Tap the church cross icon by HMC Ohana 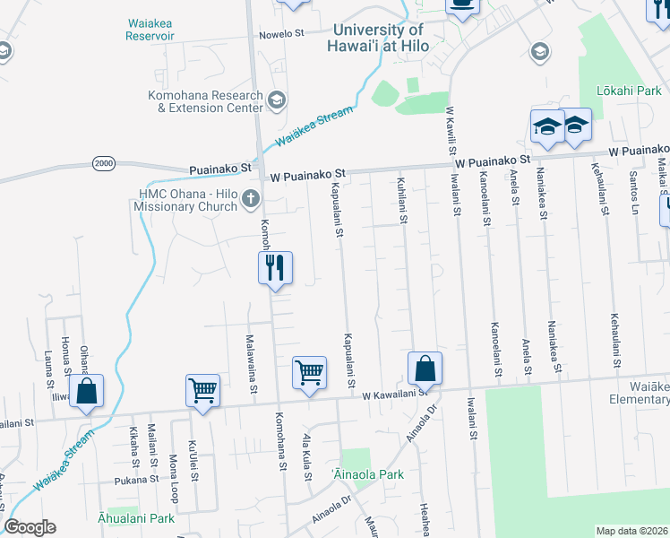coord(252,199)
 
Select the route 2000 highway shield coord(104,162)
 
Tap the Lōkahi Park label coord(632,91)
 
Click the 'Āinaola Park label coord(367,474)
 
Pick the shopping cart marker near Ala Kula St coord(309,370)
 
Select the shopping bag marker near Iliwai coord(86,391)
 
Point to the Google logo coord(30,527)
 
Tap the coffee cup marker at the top coord(462,4)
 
